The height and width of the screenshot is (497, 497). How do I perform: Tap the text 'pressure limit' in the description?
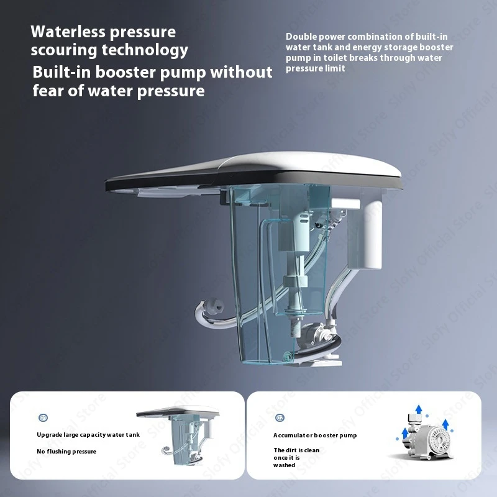(x=315, y=68)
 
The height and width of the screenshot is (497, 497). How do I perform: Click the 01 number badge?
(x=43, y=418)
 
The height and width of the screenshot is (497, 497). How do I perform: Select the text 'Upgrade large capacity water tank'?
(x=88, y=434)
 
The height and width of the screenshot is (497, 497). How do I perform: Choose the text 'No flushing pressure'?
(x=66, y=451)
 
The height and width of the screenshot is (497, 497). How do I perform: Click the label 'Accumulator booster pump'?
(x=315, y=435)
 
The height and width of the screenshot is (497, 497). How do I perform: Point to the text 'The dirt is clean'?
(x=296, y=450)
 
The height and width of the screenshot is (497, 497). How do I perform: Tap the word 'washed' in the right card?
(x=285, y=465)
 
